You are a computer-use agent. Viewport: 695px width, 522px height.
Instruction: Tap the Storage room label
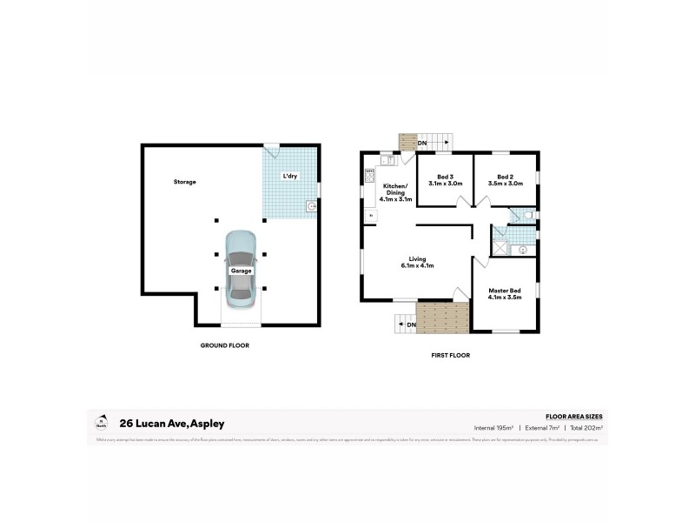[x=184, y=182]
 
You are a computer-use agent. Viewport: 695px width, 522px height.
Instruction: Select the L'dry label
[x=290, y=177]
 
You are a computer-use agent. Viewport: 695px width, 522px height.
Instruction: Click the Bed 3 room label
[x=445, y=180]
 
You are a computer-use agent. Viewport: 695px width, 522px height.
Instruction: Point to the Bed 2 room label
[x=505, y=180]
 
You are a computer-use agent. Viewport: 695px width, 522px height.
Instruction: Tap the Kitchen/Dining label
[x=396, y=191]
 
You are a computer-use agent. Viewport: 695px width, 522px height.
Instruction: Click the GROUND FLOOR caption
[x=224, y=345]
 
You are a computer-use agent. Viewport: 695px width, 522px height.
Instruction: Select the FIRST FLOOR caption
[x=450, y=355]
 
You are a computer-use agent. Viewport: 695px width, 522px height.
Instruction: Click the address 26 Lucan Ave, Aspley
[x=172, y=424]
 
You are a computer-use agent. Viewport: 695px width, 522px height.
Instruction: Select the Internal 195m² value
[x=493, y=428]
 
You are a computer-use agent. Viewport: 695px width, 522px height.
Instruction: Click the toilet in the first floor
[x=527, y=214]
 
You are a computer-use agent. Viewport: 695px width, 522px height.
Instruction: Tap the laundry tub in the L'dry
[x=310, y=206]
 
